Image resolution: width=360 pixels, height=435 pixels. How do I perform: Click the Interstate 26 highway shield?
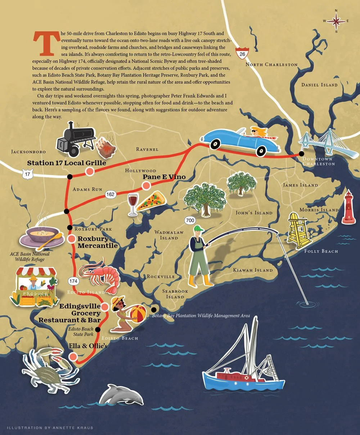[x=241, y=53]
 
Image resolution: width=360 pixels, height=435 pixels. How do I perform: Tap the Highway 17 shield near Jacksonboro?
[x=27, y=175]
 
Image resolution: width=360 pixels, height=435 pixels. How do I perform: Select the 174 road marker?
[x=73, y=281]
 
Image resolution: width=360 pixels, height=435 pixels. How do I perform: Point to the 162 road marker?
[x=110, y=194]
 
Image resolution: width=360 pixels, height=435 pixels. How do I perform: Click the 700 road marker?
[x=190, y=220]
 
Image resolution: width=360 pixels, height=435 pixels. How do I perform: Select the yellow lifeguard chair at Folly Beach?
[x=299, y=230]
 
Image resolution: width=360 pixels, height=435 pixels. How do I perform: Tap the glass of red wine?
[x=133, y=204]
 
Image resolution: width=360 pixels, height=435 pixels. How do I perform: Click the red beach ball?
[x=138, y=313]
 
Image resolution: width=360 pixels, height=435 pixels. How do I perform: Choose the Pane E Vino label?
[x=164, y=177]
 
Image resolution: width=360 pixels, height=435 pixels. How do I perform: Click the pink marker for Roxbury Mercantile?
[x=72, y=238]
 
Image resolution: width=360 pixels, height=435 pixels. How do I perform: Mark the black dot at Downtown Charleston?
[x=301, y=154]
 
